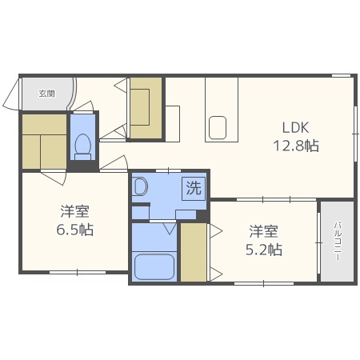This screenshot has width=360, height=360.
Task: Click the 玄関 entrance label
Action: [46, 94]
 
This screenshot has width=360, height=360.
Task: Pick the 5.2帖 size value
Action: [264, 250]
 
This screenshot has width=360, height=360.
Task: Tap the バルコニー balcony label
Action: [337, 241]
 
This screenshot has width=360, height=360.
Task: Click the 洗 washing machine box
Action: [194, 189]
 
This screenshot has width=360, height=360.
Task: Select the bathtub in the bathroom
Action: [154, 266]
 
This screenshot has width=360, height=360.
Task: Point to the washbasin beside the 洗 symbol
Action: [141, 188]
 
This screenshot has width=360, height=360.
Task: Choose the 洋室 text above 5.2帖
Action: [264, 231]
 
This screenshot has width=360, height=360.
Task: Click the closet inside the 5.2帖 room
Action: [193, 252]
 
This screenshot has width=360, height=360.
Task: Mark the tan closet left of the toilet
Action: [44, 142]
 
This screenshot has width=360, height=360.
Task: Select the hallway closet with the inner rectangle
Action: [146, 102]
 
